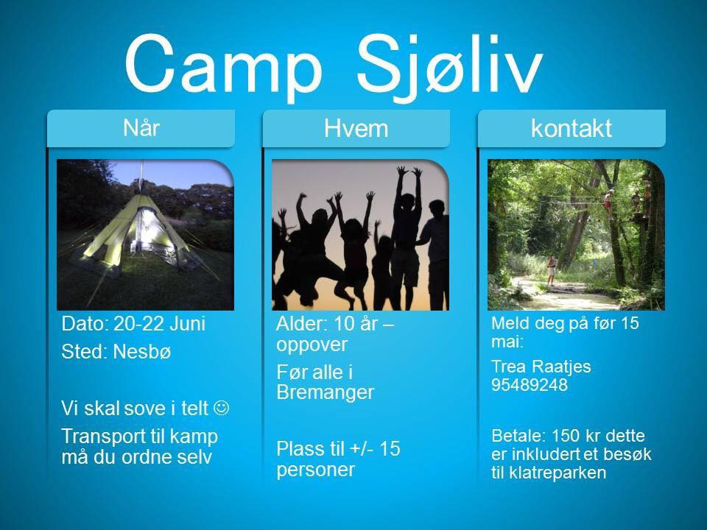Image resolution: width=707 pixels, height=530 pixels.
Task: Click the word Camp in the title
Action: click(223, 65)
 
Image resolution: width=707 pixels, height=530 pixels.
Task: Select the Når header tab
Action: click(141, 128)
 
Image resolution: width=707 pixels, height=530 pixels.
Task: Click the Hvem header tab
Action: click(356, 128)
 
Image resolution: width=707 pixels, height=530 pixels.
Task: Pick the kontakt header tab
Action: click(571, 128)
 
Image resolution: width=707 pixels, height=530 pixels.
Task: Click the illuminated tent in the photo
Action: click(136, 232)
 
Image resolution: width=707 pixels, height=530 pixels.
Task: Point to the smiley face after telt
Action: click(222, 408)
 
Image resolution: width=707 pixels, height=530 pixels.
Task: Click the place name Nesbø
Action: click(142, 352)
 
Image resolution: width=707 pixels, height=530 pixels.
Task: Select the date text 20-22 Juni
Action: click(159, 324)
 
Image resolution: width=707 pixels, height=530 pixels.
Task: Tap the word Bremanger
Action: click(325, 392)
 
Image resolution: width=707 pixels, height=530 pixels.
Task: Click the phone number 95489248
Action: click(530, 385)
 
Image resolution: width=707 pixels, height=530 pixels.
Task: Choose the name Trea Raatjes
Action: click(541, 367)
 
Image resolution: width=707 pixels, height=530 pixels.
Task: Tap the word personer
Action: click(316, 470)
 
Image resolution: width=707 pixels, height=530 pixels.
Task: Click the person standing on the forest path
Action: click(551, 270)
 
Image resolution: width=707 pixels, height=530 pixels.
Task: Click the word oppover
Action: click(312, 345)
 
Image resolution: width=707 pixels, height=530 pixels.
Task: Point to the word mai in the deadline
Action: click(507, 342)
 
